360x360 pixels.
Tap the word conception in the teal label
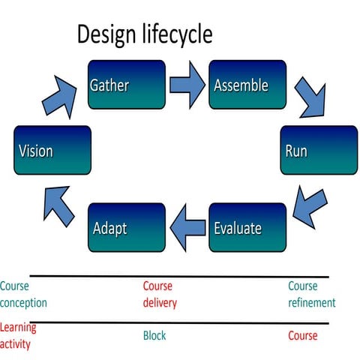(x=23, y=303)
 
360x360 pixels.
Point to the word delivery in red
(x=160, y=303)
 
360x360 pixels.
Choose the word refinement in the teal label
(x=311, y=303)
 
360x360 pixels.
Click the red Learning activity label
(x=19, y=335)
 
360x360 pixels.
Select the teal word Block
(x=154, y=336)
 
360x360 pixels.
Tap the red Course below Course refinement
(x=303, y=336)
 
